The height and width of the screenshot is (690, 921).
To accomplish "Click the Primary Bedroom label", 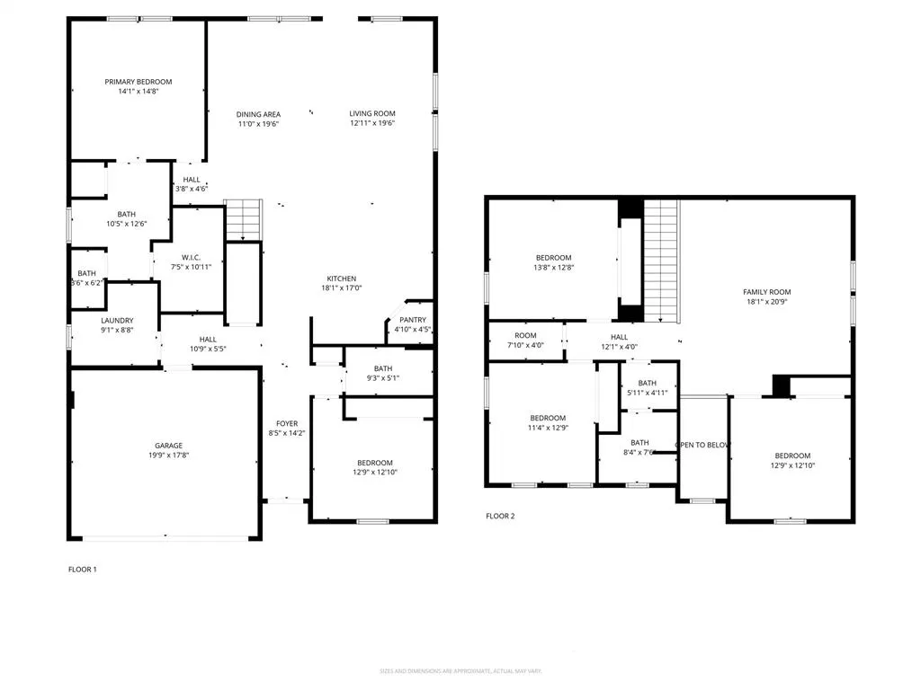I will (138, 82).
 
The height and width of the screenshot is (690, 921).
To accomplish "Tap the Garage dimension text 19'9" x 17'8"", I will (168, 456).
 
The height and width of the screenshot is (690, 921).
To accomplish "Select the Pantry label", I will (413, 319).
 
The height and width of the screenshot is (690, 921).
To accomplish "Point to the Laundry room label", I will (117, 320).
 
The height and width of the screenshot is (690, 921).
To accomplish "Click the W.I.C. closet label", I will (190, 256).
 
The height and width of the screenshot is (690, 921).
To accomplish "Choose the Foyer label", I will (287, 423).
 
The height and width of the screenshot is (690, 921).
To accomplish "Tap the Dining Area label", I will (258, 114).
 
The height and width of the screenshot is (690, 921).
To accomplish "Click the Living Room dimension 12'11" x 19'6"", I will (372, 124).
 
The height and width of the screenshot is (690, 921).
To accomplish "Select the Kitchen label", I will (341, 279).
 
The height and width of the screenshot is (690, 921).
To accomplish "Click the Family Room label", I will (766, 292).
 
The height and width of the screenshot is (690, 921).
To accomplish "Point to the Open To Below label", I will (702, 445).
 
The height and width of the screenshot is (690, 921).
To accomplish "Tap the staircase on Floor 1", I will (243, 220).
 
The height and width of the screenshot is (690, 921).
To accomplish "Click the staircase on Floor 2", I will (660, 261).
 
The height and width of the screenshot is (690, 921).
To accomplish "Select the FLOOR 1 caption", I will (82, 569).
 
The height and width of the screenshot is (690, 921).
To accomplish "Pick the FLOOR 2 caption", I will (500, 516).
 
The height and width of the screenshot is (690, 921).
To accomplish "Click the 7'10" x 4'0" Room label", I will (525, 336).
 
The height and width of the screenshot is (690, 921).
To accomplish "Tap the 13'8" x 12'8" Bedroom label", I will (553, 258).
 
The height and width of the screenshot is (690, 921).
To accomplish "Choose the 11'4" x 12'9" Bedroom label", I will (548, 418).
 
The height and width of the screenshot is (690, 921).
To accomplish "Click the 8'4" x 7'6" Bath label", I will (639, 442).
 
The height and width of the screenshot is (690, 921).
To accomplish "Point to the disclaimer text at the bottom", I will (460, 670).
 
